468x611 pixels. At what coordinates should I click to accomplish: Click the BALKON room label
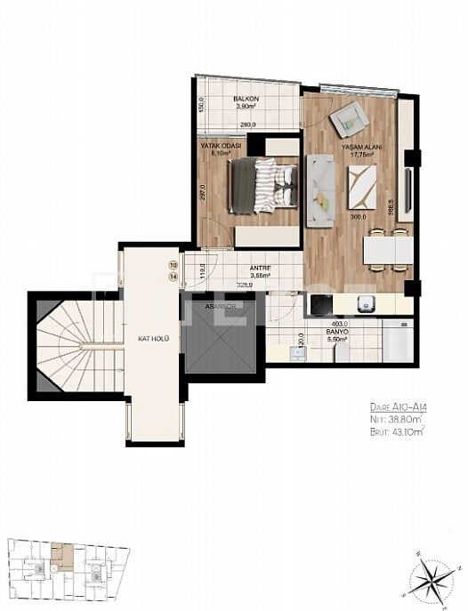pyautogui.click(x=246, y=99)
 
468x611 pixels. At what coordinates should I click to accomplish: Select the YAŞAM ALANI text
pyautogui.click(x=358, y=147)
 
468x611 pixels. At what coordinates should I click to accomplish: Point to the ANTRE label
pyautogui.click(x=260, y=268)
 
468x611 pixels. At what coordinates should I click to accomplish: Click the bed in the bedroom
pyautogui.click(x=262, y=186)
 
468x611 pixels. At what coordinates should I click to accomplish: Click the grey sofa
pyautogui.click(x=319, y=187)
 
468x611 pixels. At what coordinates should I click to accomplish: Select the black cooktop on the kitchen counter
pyautogui.click(x=319, y=305)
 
